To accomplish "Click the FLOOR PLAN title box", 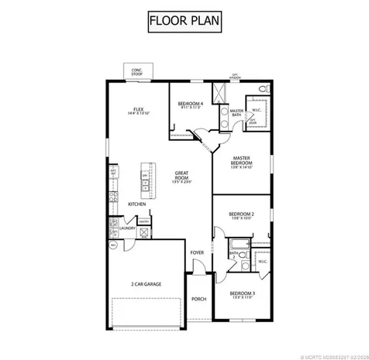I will click(x=184, y=23).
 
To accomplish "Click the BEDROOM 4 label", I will click(x=190, y=105).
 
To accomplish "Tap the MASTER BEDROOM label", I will click(x=243, y=161).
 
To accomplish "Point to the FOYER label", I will click(x=198, y=252).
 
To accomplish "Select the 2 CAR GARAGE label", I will click(x=147, y=284).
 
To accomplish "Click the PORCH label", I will click(x=198, y=299).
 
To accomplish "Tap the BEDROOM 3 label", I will click(x=243, y=294).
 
